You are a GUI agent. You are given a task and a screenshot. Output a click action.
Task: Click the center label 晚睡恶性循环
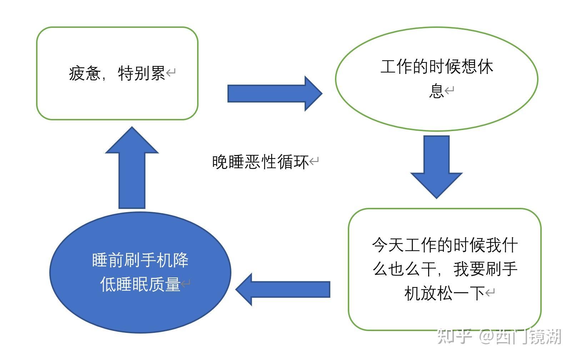pos(260,162)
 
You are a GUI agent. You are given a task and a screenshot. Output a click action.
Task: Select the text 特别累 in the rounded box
pos(141,74)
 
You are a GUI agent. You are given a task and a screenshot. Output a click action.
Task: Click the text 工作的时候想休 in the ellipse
pos(436,67)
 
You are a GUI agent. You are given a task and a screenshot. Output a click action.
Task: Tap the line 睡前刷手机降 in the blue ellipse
pos(140,260)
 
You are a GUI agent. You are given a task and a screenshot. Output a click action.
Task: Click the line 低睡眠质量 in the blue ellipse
pos(140,285)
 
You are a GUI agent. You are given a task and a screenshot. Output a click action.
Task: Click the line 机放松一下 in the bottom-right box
pos(444,294)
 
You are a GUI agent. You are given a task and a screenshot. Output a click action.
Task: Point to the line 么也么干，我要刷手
pos(445,269)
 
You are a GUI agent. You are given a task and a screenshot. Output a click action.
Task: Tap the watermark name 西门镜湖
pos(529,336)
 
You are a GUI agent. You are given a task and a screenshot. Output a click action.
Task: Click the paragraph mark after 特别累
pos(171,74)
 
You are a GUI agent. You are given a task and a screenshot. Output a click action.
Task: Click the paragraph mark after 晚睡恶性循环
pos(314,162)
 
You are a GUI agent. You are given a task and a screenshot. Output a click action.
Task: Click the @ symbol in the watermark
pos(486,336)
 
